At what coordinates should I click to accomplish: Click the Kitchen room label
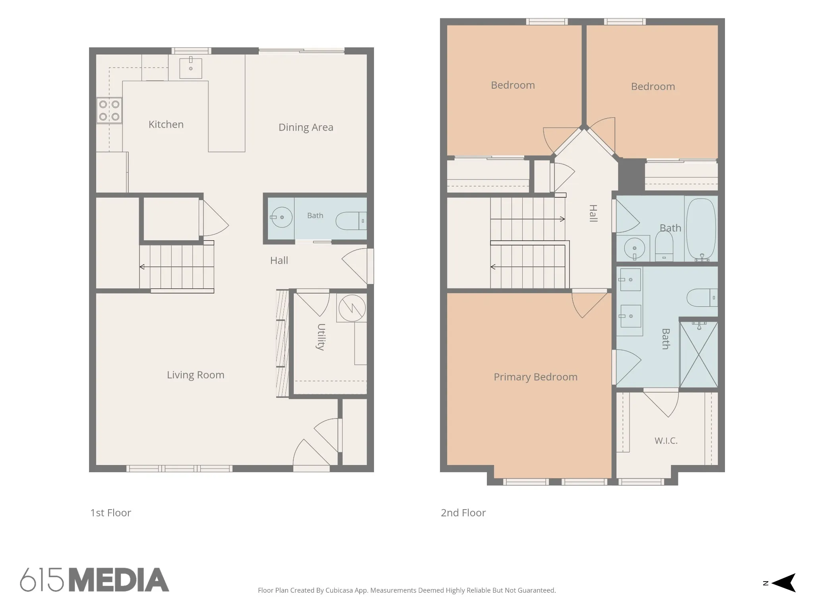(166, 125)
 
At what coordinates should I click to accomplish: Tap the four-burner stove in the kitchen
(109, 111)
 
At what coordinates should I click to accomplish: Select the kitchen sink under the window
(191, 68)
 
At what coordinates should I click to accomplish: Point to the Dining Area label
(306, 127)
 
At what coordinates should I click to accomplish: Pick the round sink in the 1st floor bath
(281, 217)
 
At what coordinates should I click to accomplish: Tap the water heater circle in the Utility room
(352, 308)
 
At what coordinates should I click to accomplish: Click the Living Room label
(196, 375)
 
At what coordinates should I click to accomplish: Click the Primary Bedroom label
(535, 377)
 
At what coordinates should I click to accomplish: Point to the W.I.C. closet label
(666, 441)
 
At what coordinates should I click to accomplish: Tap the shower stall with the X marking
(699, 354)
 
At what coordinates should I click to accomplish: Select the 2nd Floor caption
(463, 513)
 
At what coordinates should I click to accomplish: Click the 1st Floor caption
(110, 513)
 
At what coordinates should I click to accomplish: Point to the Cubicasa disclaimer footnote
(407, 590)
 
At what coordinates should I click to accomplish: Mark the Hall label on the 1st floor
(279, 261)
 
